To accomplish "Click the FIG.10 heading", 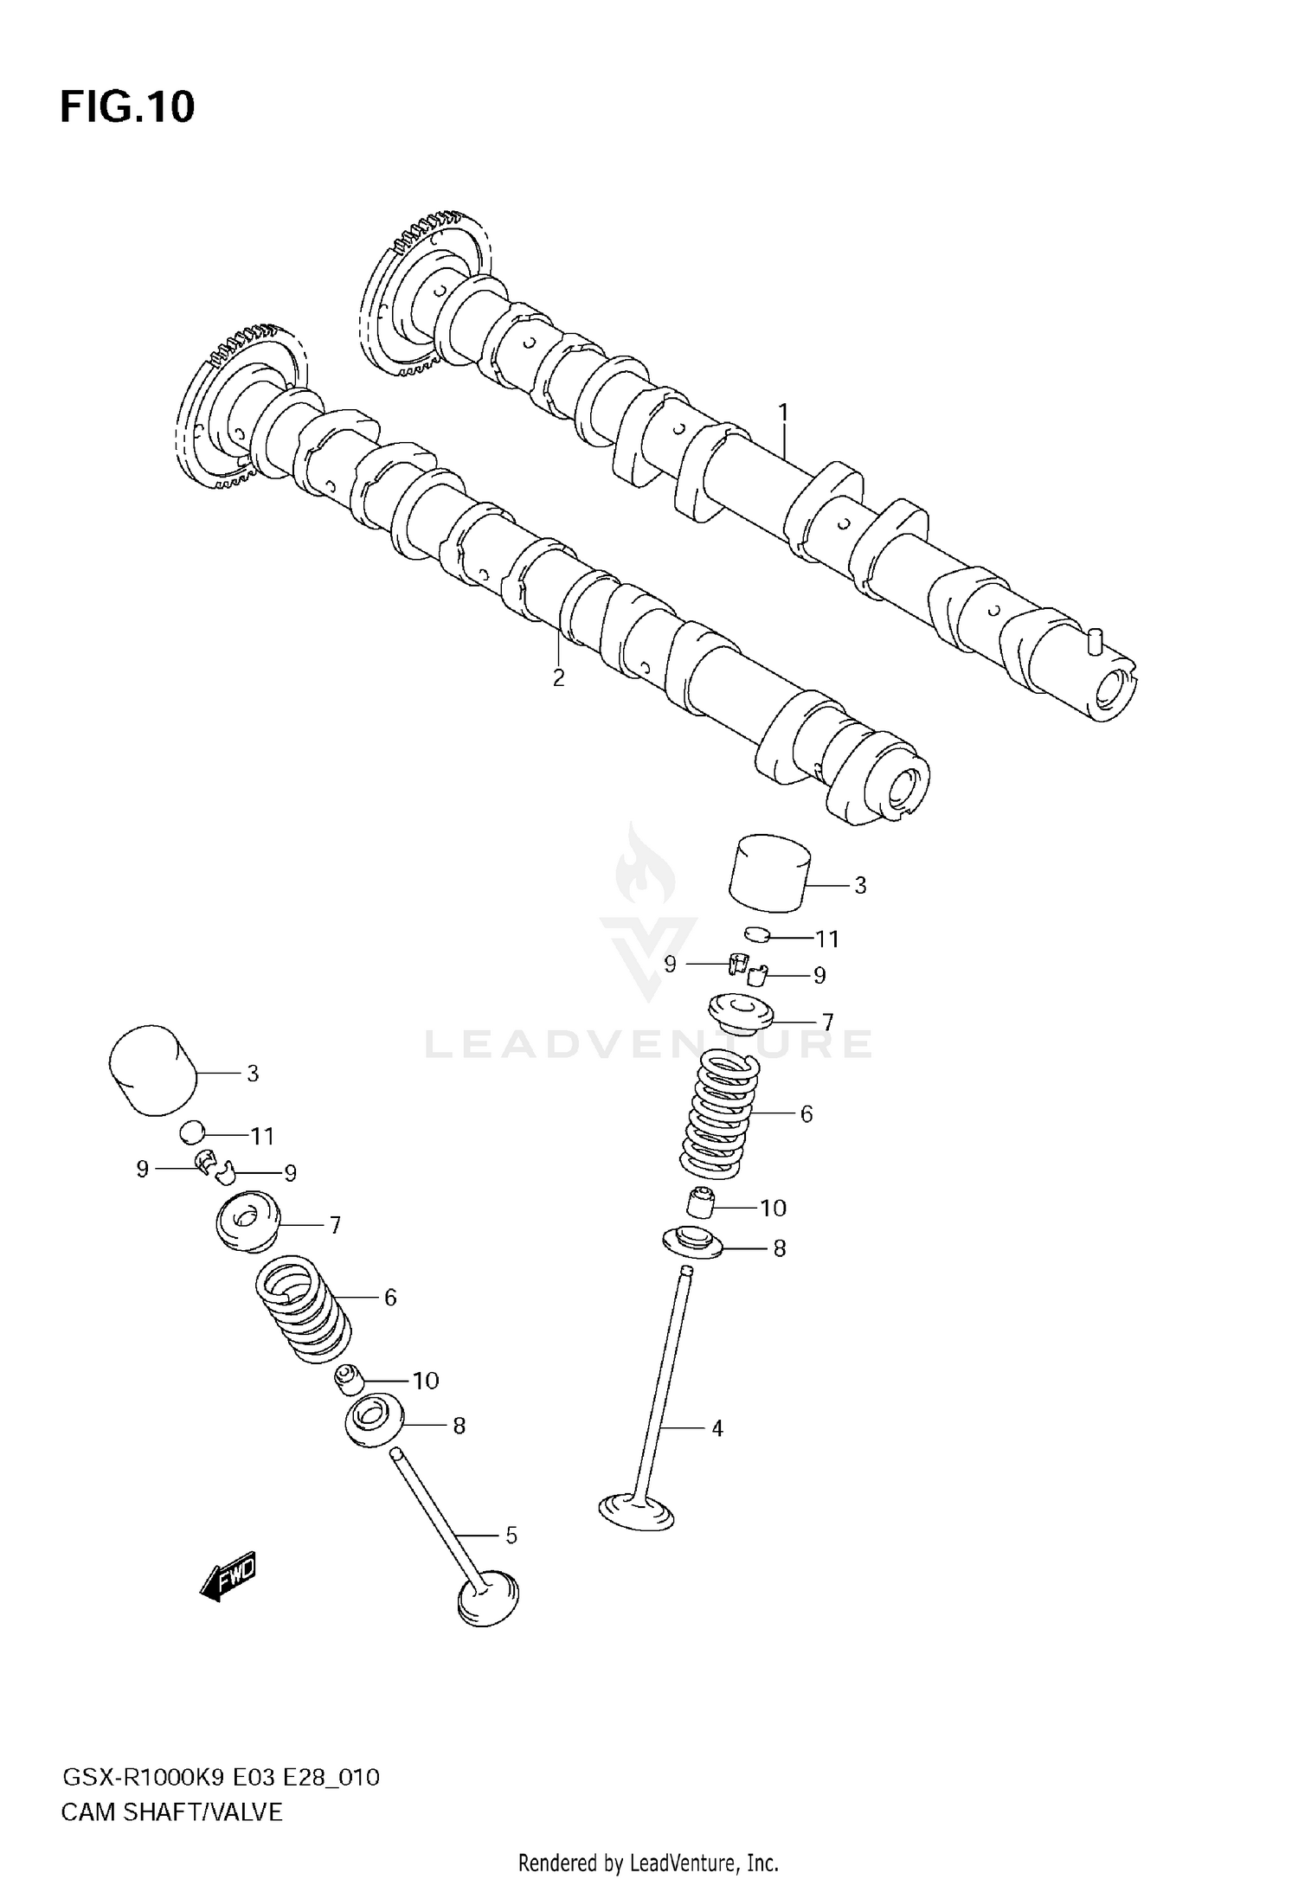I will (x=127, y=107).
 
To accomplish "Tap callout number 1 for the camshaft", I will (x=783, y=413).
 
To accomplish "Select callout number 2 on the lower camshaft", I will (x=558, y=677).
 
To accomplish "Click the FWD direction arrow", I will (x=229, y=1575).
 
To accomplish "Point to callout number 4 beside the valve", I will (x=716, y=1427).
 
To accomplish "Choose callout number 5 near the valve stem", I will (x=511, y=1535).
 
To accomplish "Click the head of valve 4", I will (x=636, y=1510).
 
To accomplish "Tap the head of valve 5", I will (x=488, y=1596).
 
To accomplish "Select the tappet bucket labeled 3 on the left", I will (x=152, y=1070).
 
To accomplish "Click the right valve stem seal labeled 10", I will (x=700, y=1202).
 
